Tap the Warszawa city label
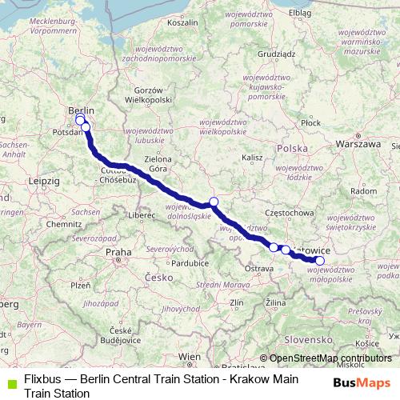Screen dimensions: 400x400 pyautogui.click(x=359, y=144)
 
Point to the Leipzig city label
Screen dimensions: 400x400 pyautogui.click(x=44, y=182)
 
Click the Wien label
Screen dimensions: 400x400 pyautogui.click(x=190, y=356)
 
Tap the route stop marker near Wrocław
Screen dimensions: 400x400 pyautogui.click(x=214, y=202)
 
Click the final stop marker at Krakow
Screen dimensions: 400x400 pyautogui.click(x=320, y=260)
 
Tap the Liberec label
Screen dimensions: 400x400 pyautogui.click(x=144, y=215)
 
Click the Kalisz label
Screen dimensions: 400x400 pyautogui.click(x=251, y=158)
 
